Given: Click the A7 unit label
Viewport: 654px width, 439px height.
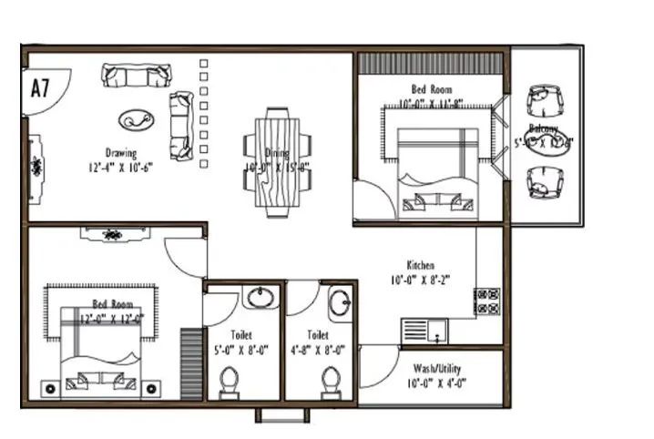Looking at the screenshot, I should [x=39, y=88].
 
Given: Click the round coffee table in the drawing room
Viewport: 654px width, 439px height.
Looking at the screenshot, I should [x=138, y=118].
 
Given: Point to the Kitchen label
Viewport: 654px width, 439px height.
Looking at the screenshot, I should [x=420, y=265].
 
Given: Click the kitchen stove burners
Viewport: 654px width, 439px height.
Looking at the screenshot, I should [x=486, y=301].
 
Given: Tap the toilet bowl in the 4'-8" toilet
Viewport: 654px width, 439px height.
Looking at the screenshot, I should [x=330, y=379].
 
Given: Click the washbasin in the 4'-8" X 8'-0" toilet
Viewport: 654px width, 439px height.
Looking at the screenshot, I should [x=341, y=303].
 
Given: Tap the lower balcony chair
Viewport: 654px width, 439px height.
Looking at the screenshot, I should [x=545, y=182].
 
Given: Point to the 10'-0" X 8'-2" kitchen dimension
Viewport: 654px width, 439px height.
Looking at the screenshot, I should [x=420, y=281].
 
